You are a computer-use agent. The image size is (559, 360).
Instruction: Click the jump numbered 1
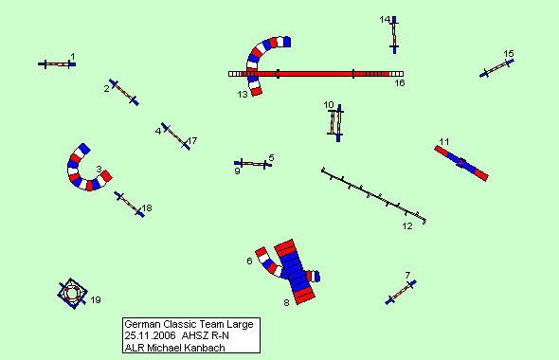57,64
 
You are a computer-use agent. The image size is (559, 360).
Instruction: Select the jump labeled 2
124,92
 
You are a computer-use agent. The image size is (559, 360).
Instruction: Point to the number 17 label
192,141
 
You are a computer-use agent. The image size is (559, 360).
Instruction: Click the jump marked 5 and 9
253,164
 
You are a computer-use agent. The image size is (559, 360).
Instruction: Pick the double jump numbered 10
335,123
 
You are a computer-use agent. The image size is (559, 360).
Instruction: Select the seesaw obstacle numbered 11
461,163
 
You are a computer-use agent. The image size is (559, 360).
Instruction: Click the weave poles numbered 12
374,195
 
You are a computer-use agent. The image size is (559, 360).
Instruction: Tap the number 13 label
243,95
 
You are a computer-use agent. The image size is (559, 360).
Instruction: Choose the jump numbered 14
394,35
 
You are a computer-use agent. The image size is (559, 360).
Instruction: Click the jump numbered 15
496,68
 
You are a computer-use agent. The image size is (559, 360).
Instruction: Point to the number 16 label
400,83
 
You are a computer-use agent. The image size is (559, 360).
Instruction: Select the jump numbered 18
130,205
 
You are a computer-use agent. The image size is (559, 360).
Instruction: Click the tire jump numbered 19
73,294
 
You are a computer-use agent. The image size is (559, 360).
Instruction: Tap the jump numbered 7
401,293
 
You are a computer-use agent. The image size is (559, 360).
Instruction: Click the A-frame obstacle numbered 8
295,272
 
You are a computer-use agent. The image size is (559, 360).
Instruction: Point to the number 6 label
249,261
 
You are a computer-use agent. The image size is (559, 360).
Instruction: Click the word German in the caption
142,324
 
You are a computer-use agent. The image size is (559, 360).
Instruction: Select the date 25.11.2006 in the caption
150,335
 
